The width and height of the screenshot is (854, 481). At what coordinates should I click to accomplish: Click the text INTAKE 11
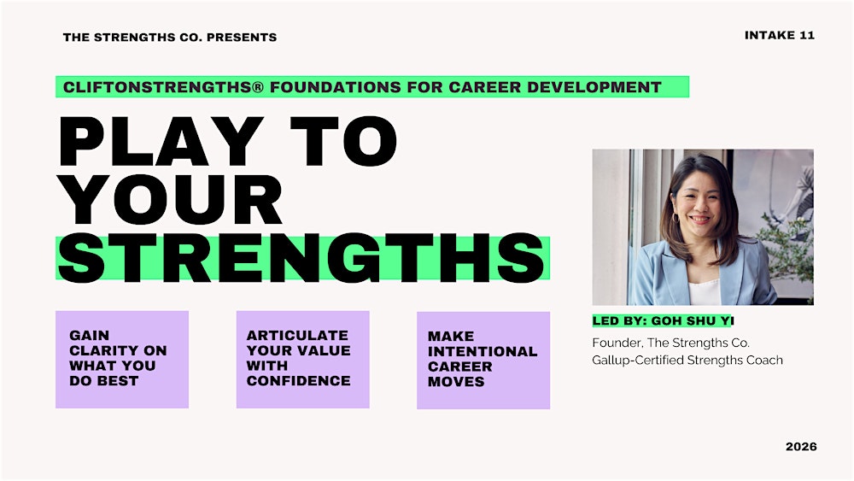click(779, 35)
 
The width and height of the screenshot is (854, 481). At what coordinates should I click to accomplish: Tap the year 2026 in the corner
click(800, 447)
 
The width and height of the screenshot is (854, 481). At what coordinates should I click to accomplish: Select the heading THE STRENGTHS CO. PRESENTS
click(170, 37)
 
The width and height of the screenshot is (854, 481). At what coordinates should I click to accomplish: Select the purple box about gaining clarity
click(122, 359)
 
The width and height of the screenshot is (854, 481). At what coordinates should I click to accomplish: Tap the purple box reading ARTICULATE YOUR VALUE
click(302, 359)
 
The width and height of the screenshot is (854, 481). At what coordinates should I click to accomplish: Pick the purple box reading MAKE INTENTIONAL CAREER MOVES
click(483, 360)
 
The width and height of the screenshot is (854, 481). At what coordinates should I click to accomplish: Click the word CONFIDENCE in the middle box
click(298, 381)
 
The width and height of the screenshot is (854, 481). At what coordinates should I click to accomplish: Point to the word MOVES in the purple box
click(456, 382)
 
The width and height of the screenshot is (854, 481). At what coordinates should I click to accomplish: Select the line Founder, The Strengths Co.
click(670, 343)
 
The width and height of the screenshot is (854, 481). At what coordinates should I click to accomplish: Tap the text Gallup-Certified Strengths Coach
click(687, 360)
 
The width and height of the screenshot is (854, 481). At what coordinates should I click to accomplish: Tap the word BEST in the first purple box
click(115, 381)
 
